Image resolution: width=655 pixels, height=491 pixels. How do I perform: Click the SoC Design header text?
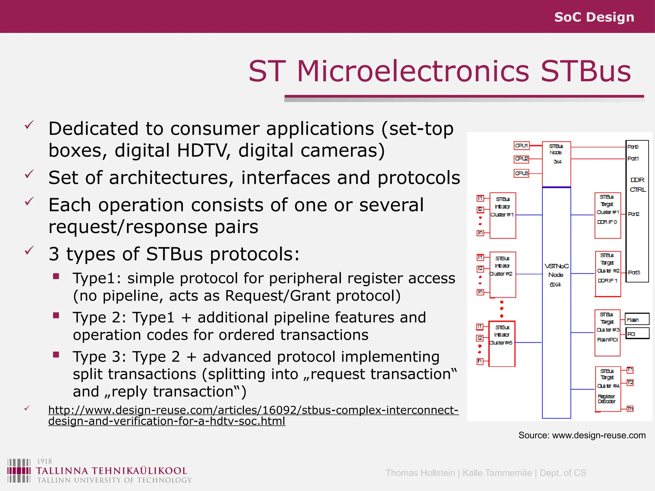(x=594, y=17)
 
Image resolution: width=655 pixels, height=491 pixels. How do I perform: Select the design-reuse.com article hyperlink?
(x=253, y=415)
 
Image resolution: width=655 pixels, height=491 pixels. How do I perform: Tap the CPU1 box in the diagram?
(x=521, y=146)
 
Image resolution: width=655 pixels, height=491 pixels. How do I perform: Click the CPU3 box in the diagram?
(x=521, y=173)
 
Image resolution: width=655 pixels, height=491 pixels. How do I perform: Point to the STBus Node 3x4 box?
(x=556, y=164)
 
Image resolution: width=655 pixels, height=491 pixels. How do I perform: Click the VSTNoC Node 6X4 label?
(x=556, y=275)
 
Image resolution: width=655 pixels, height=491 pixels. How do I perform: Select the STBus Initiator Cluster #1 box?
(x=502, y=215)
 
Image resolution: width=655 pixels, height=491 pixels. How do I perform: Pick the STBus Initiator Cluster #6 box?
(x=502, y=344)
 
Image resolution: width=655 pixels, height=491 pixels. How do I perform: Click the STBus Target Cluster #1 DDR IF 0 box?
(x=607, y=215)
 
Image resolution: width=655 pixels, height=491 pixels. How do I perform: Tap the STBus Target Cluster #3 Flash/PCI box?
(x=607, y=333)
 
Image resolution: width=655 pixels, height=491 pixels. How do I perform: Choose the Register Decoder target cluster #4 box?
(x=608, y=389)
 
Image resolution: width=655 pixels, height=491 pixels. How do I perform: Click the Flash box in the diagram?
(x=637, y=319)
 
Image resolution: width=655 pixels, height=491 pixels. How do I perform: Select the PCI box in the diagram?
(x=637, y=333)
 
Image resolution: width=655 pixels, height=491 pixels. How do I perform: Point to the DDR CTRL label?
(x=637, y=185)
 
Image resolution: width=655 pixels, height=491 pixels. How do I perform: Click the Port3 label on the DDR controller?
(x=634, y=272)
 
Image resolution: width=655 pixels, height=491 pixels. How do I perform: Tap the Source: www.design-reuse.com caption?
(x=582, y=435)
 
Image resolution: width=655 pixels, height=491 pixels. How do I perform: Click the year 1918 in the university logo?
(x=44, y=461)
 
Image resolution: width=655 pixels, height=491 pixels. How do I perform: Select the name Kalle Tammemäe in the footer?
(x=497, y=473)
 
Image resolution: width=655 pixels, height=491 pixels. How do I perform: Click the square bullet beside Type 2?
(x=56, y=316)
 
